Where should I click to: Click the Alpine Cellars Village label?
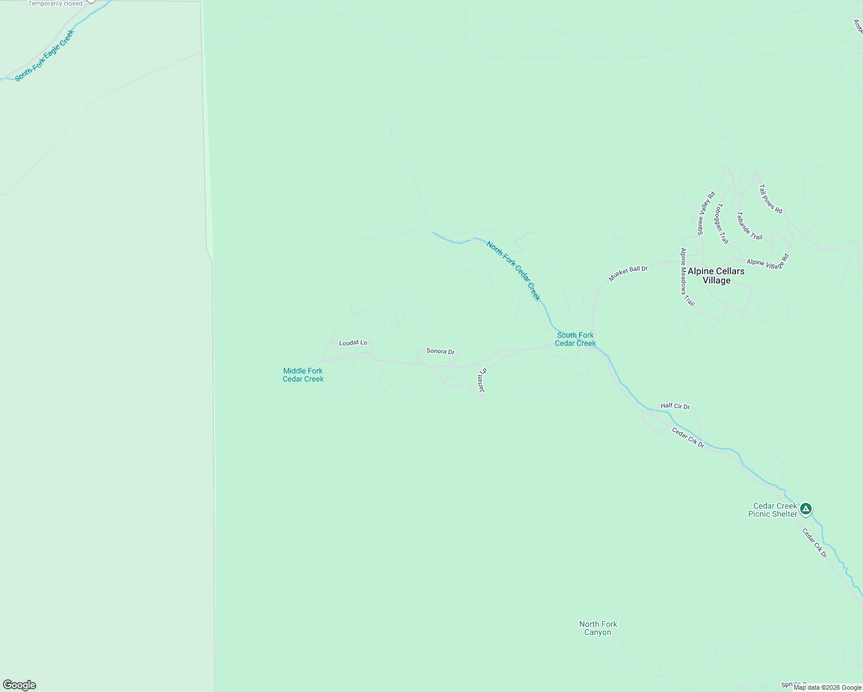[716, 276]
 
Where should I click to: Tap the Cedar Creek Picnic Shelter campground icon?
[806, 509]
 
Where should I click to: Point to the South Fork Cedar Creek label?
[575, 339]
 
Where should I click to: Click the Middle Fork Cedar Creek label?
[303, 375]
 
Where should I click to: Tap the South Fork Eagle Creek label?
[44, 55]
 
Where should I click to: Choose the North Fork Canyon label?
[598, 628]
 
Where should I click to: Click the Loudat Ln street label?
[353, 343]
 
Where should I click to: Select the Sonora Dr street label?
[440, 351]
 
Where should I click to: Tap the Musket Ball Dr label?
[628, 273]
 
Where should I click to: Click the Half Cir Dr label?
[675, 406]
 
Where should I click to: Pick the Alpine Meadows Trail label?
[686, 277]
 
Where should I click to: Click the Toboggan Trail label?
[722, 224]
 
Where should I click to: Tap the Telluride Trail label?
[749, 226]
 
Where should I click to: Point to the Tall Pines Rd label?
[770, 199]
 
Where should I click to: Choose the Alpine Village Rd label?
[768, 261]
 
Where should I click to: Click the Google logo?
[20, 685]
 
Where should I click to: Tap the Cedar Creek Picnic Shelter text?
[773, 510]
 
